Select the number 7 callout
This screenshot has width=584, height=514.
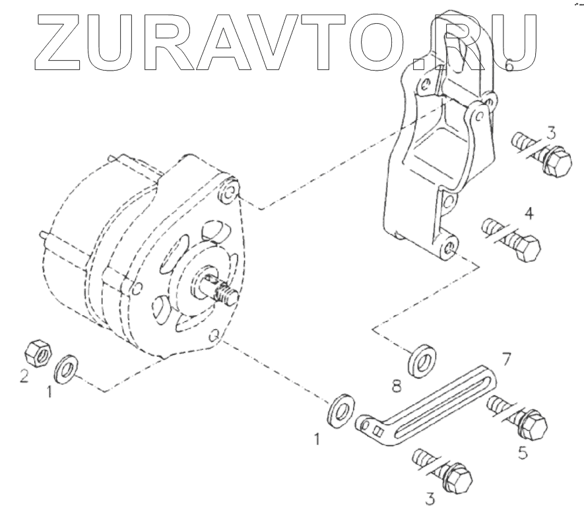(x=505, y=360)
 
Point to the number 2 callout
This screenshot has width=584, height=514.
(x=24, y=377)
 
